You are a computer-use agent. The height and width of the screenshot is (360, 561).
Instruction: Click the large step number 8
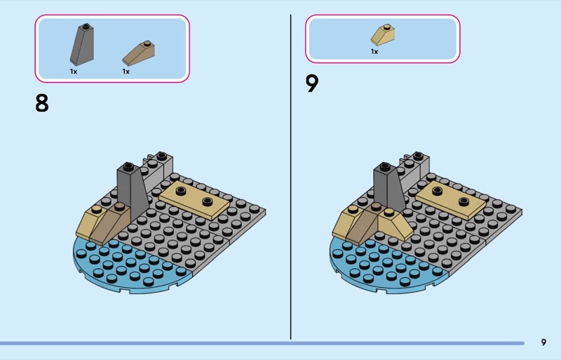click(42, 103)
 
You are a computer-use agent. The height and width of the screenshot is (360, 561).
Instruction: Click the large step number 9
click(312, 84)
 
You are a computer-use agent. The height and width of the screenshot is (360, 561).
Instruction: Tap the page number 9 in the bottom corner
click(543, 342)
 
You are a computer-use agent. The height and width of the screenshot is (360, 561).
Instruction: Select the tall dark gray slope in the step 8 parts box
click(82, 44)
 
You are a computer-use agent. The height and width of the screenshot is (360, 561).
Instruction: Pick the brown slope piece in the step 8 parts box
click(138, 53)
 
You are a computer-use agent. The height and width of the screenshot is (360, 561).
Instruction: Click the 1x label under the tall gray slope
click(74, 72)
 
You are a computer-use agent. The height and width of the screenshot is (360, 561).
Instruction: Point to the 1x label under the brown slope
click(126, 72)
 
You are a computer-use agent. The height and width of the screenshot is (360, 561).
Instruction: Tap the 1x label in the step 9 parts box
click(374, 52)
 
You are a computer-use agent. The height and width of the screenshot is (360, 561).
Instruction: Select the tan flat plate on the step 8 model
click(194, 200)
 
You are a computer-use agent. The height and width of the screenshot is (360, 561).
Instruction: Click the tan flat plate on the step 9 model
click(451, 200)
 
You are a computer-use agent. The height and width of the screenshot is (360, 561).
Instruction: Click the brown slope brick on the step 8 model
click(111, 222)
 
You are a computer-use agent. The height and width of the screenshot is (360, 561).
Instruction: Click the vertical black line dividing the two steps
click(290, 177)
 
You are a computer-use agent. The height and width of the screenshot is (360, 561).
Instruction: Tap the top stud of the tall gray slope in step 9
click(385, 166)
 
